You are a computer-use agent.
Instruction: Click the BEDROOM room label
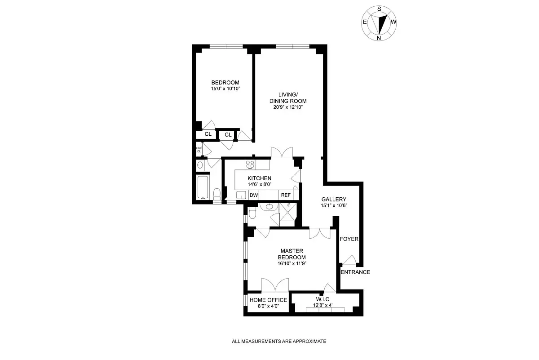pyautogui.click(x=225, y=82)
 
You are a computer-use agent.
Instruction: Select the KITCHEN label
pyautogui.click(x=259, y=178)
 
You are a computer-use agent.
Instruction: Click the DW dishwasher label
pyautogui.click(x=253, y=195)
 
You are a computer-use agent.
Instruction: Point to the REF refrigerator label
pyautogui.click(x=286, y=195)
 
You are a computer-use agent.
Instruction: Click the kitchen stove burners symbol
pyautogui.click(x=250, y=164)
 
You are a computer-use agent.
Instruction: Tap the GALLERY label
pyautogui.click(x=334, y=199)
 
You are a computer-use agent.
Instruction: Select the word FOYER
pyautogui.click(x=349, y=239)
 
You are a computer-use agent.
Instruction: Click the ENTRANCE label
pyautogui.click(x=355, y=272)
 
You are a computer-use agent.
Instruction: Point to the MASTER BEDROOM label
pyautogui.click(x=292, y=254)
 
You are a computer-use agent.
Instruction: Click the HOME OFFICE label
pyautogui.click(x=268, y=300)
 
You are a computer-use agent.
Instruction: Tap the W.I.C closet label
pyautogui.click(x=323, y=299)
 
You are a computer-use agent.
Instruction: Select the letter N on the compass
pyautogui.click(x=379, y=38)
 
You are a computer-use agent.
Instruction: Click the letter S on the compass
pyautogui.click(x=379, y=9)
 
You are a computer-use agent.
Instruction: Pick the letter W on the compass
pyautogui.click(x=393, y=22)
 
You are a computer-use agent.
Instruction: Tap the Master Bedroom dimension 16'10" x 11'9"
pyautogui.click(x=292, y=264)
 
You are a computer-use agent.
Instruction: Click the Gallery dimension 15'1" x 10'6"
pyautogui.click(x=334, y=205)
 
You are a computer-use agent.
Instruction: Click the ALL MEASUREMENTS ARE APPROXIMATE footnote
pyautogui.click(x=279, y=341)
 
